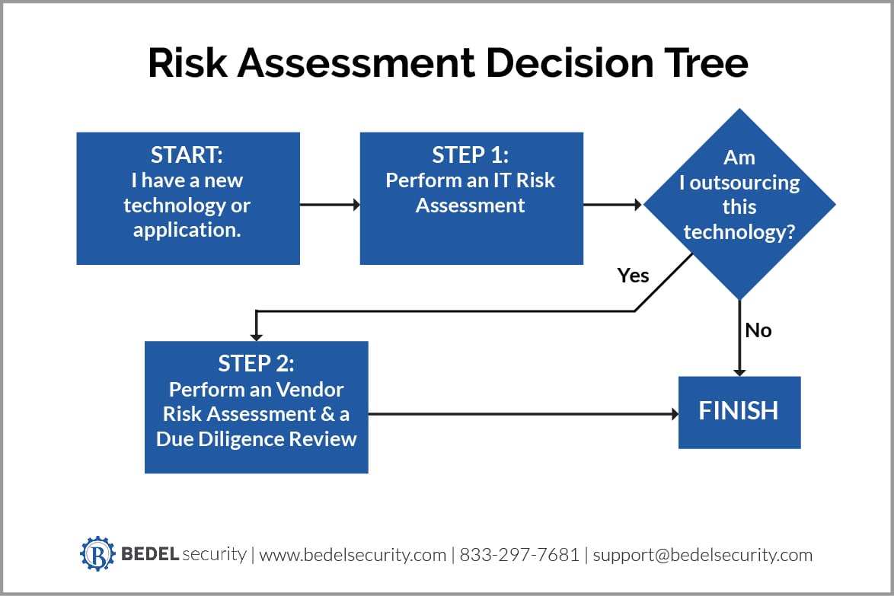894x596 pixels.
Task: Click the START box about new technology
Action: (x=187, y=198)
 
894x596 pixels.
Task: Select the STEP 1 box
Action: (x=471, y=198)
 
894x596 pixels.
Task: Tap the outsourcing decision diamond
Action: (x=739, y=204)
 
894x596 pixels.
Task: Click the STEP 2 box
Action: (x=256, y=406)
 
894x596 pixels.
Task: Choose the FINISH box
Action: (x=739, y=412)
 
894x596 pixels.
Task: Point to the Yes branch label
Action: (x=633, y=276)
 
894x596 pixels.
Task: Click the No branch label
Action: (x=758, y=330)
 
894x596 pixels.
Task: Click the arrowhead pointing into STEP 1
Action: (x=354, y=205)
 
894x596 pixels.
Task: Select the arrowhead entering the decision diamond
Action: (x=637, y=205)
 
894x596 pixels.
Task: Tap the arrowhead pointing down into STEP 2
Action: (x=256, y=336)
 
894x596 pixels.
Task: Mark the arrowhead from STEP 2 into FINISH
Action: (x=673, y=414)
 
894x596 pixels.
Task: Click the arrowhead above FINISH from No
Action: (x=739, y=371)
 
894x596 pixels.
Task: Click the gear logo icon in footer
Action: (x=97, y=553)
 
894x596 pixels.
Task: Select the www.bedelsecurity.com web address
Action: (x=353, y=555)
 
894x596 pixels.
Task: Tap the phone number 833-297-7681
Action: (x=519, y=555)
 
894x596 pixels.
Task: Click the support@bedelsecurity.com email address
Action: (x=702, y=555)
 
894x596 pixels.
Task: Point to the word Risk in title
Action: (x=187, y=64)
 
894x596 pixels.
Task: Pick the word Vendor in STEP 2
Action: (x=310, y=390)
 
